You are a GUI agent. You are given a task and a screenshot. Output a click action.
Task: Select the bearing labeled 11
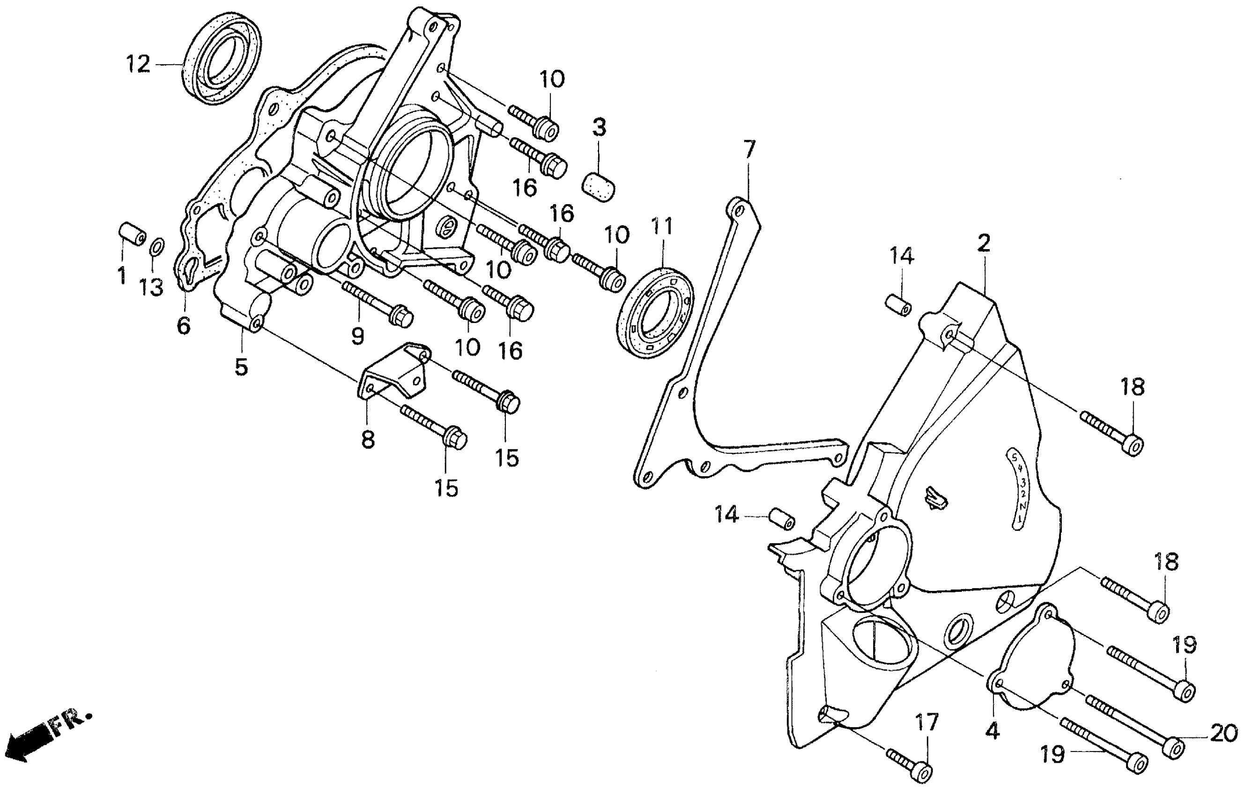656,312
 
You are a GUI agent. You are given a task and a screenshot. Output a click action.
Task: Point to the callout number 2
983,243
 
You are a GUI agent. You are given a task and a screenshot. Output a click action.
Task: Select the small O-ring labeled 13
158,248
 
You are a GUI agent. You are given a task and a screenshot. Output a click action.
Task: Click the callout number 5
241,367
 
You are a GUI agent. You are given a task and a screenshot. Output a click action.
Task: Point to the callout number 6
184,325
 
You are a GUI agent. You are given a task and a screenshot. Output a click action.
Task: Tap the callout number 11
662,228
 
